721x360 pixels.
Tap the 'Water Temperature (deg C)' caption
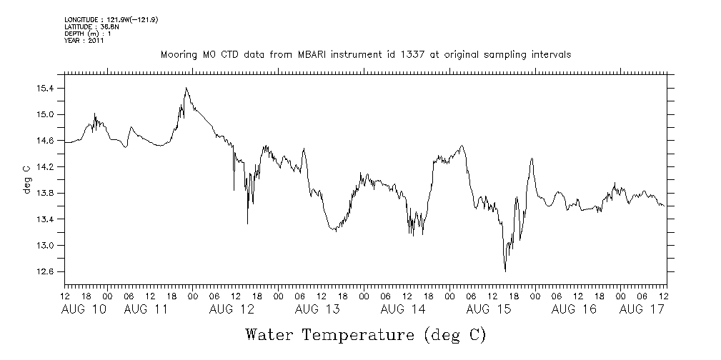366,334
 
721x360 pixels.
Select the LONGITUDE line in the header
111,19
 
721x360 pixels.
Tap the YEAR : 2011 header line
84,41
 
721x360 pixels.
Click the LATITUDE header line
91,26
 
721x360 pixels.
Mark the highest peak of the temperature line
186,88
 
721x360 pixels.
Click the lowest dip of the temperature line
505,271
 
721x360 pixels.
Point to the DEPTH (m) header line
87,34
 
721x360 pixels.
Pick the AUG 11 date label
146,309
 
